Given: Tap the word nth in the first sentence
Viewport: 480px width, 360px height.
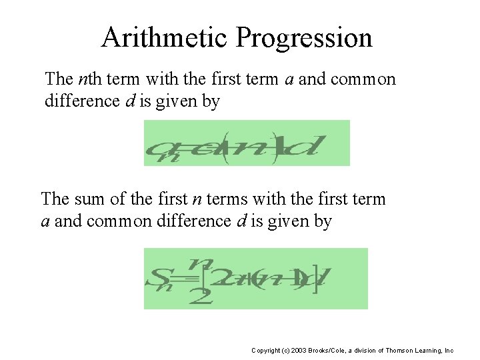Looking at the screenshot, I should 89,79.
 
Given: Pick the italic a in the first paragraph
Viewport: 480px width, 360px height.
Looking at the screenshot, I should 289,79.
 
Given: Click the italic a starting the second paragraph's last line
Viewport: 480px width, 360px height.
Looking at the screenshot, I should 45,221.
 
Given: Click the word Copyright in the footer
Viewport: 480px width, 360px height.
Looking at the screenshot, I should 267,350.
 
